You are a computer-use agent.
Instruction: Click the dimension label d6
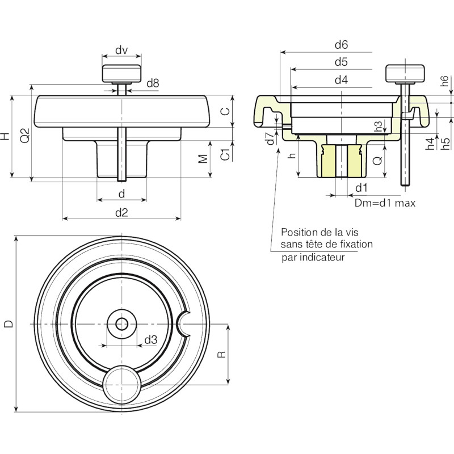(341, 45)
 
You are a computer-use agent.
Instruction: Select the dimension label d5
(341, 62)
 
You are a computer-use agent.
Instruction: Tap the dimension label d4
(341, 79)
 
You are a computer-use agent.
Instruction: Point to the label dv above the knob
(121, 50)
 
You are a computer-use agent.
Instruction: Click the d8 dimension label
(153, 83)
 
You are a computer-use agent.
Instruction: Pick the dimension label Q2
(25, 135)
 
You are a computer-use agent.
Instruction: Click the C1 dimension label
(225, 154)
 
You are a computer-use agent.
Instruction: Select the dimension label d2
(121, 213)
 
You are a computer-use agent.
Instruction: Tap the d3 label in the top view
(151, 339)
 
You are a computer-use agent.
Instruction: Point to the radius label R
(221, 354)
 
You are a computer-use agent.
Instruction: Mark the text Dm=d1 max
(385, 203)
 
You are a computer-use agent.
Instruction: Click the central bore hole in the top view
(122, 324)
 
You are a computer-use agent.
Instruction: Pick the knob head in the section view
(405, 73)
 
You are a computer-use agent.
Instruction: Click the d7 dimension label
(271, 138)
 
